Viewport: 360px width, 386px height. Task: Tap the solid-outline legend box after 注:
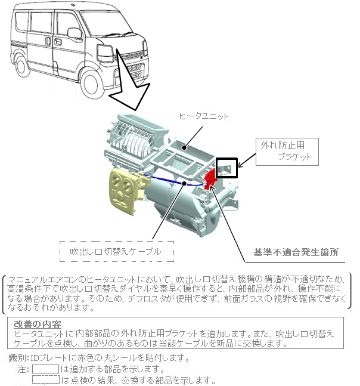click(x=45, y=369)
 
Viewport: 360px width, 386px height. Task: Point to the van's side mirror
click(x=76, y=33)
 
